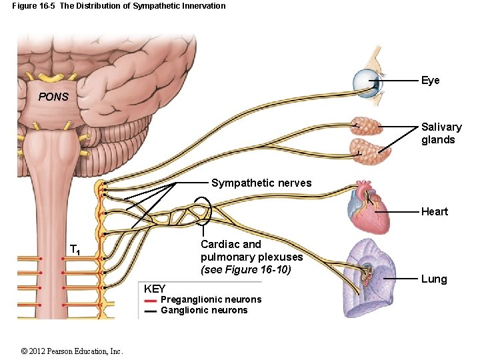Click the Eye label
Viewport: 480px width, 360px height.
coord(430,81)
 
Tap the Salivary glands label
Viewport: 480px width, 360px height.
coord(441,133)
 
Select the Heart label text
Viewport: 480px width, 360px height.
coord(434,212)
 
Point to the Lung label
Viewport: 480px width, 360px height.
coord(433,279)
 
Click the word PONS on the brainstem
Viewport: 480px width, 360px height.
coord(53,97)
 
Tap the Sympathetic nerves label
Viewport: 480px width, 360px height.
coord(261,183)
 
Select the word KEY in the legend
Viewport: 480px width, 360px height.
coord(155,289)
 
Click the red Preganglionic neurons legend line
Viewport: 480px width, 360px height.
coord(151,301)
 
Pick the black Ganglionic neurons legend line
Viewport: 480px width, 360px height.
coord(151,311)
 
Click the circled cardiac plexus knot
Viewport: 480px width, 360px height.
coord(201,211)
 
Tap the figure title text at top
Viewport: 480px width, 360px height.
coord(119,6)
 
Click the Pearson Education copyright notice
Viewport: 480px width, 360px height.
coord(71,351)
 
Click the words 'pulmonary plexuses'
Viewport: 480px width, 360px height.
coord(251,257)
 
